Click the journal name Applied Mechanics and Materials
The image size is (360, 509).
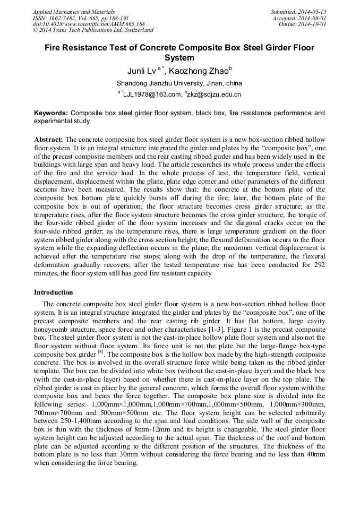pyautogui.click(x=73, y=12)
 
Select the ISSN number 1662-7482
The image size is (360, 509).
pyautogui.click(x=63, y=18)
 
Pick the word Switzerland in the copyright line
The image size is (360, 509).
pyautogui.click(x=136, y=30)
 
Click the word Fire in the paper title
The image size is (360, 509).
pyautogui.click(x=53, y=48)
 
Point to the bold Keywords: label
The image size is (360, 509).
pyautogui.click(x=51, y=113)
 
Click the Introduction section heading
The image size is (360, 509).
pyautogui.click(x=54, y=292)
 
